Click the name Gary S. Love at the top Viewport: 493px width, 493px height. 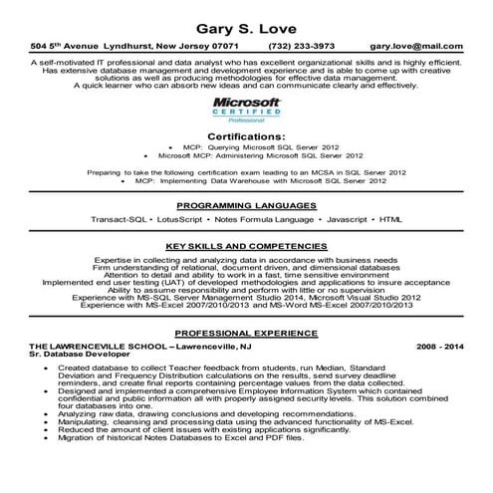[x=246, y=27]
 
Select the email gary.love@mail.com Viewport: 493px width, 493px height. [x=415, y=46]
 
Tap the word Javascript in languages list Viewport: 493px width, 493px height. [x=338, y=218]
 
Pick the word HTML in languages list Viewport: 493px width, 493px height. [x=390, y=218]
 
